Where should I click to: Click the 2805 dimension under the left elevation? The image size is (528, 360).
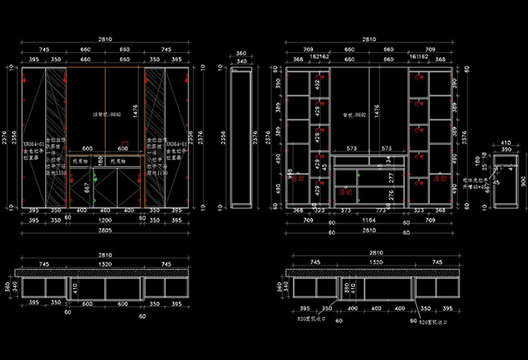pos(105,229)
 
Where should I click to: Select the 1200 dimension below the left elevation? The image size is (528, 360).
pos(105,221)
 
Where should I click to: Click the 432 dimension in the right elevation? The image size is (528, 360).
pos(318,85)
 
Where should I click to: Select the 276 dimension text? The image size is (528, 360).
pos(391,195)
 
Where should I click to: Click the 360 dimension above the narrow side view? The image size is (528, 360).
pos(241,54)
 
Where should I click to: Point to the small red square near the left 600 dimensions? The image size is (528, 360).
pos(125,141)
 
